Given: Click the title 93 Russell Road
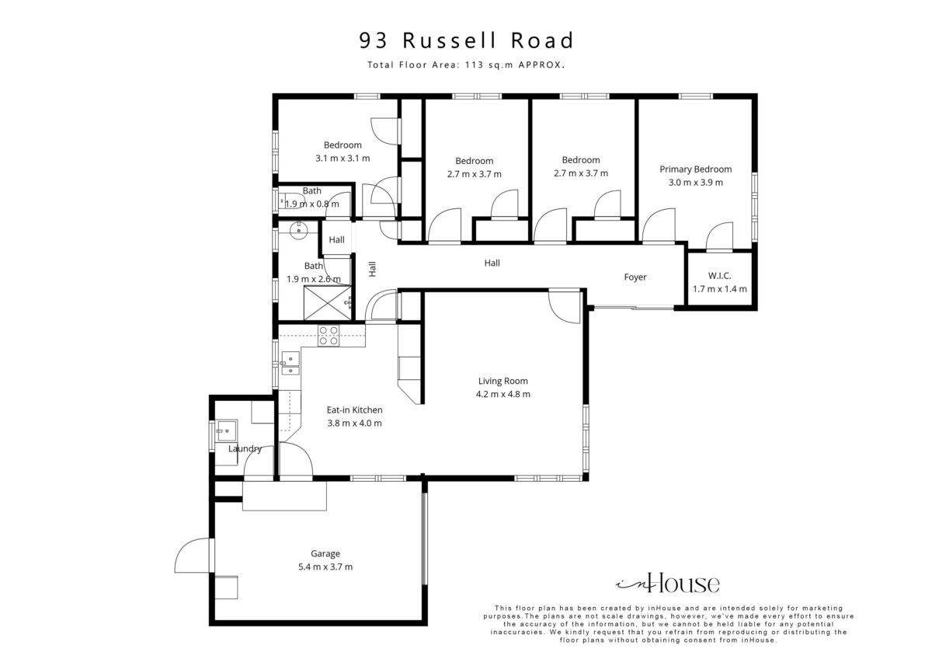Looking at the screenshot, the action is click(x=467, y=40).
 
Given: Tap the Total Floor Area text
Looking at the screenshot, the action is click(x=466, y=65).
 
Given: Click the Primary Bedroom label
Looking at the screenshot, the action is click(x=696, y=169).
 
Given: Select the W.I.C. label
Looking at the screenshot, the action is click(x=719, y=276).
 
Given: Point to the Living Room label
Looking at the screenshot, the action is click(x=503, y=381).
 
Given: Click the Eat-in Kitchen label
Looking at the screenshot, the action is click(x=354, y=410).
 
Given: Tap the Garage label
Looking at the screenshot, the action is click(x=325, y=553).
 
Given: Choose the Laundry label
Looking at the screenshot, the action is click(x=245, y=448).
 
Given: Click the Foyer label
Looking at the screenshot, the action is click(x=635, y=277).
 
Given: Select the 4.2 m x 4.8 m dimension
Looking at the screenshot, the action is click(x=503, y=394).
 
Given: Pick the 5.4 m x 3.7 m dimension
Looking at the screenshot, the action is click(x=325, y=567).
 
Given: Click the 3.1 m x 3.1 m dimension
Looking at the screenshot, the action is click(x=343, y=159).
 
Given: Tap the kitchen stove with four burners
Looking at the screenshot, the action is click(x=329, y=336).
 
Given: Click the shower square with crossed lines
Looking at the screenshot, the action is click(x=328, y=304).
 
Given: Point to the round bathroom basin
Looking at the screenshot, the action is click(x=298, y=230).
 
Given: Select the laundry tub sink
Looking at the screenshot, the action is click(x=227, y=431).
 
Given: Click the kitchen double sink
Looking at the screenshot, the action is click(x=290, y=364).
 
